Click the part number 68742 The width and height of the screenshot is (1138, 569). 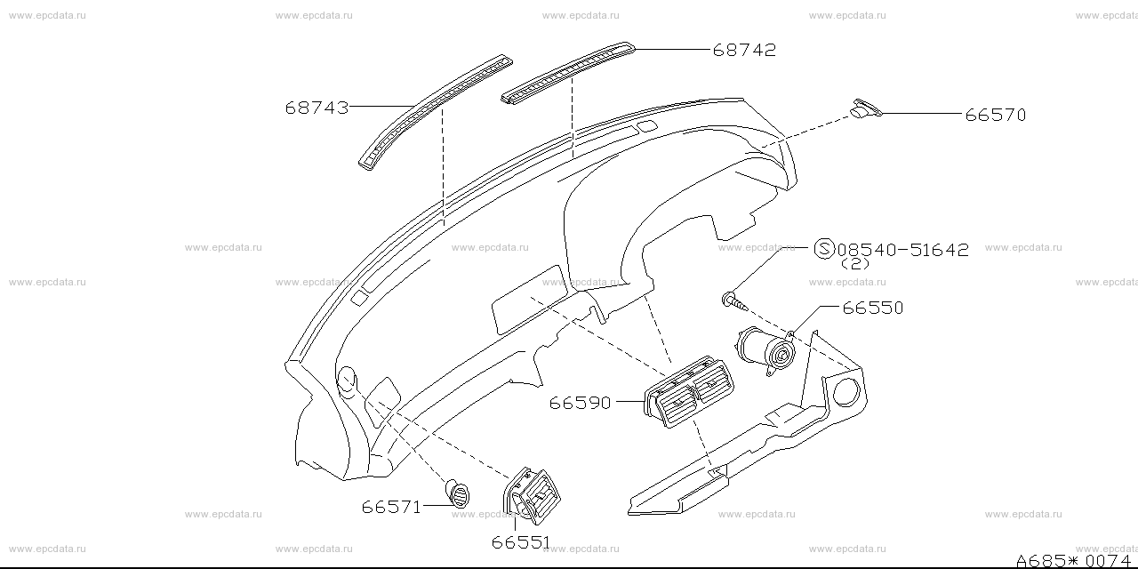click(x=744, y=50)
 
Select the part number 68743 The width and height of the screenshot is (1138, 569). click(x=317, y=108)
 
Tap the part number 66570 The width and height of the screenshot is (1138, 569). click(x=995, y=115)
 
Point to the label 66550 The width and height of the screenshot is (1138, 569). click(x=873, y=308)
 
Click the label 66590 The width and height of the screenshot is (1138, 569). click(x=580, y=403)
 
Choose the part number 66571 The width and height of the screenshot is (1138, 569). click(x=391, y=507)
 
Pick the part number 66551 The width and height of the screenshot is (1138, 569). click(x=521, y=542)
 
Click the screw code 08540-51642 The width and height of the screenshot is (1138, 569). click(x=902, y=250)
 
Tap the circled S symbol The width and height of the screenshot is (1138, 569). click(x=824, y=249)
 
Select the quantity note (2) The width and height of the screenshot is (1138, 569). click(x=855, y=264)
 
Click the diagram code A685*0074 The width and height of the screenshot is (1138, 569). click(x=1073, y=560)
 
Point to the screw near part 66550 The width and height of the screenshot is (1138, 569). click(x=734, y=301)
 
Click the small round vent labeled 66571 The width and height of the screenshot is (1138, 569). click(x=457, y=493)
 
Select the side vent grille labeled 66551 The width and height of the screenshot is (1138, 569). click(x=532, y=495)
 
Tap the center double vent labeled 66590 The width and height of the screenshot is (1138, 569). click(x=689, y=392)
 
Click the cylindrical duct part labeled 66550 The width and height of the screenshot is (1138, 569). click(x=765, y=351)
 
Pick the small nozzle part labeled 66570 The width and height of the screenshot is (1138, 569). click(x=866, y=108)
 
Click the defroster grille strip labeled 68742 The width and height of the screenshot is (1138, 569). click(x=568, y=73)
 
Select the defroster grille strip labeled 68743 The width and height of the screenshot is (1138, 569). click(x=436, y=112)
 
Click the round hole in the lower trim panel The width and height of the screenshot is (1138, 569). click(x=845, y=392)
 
